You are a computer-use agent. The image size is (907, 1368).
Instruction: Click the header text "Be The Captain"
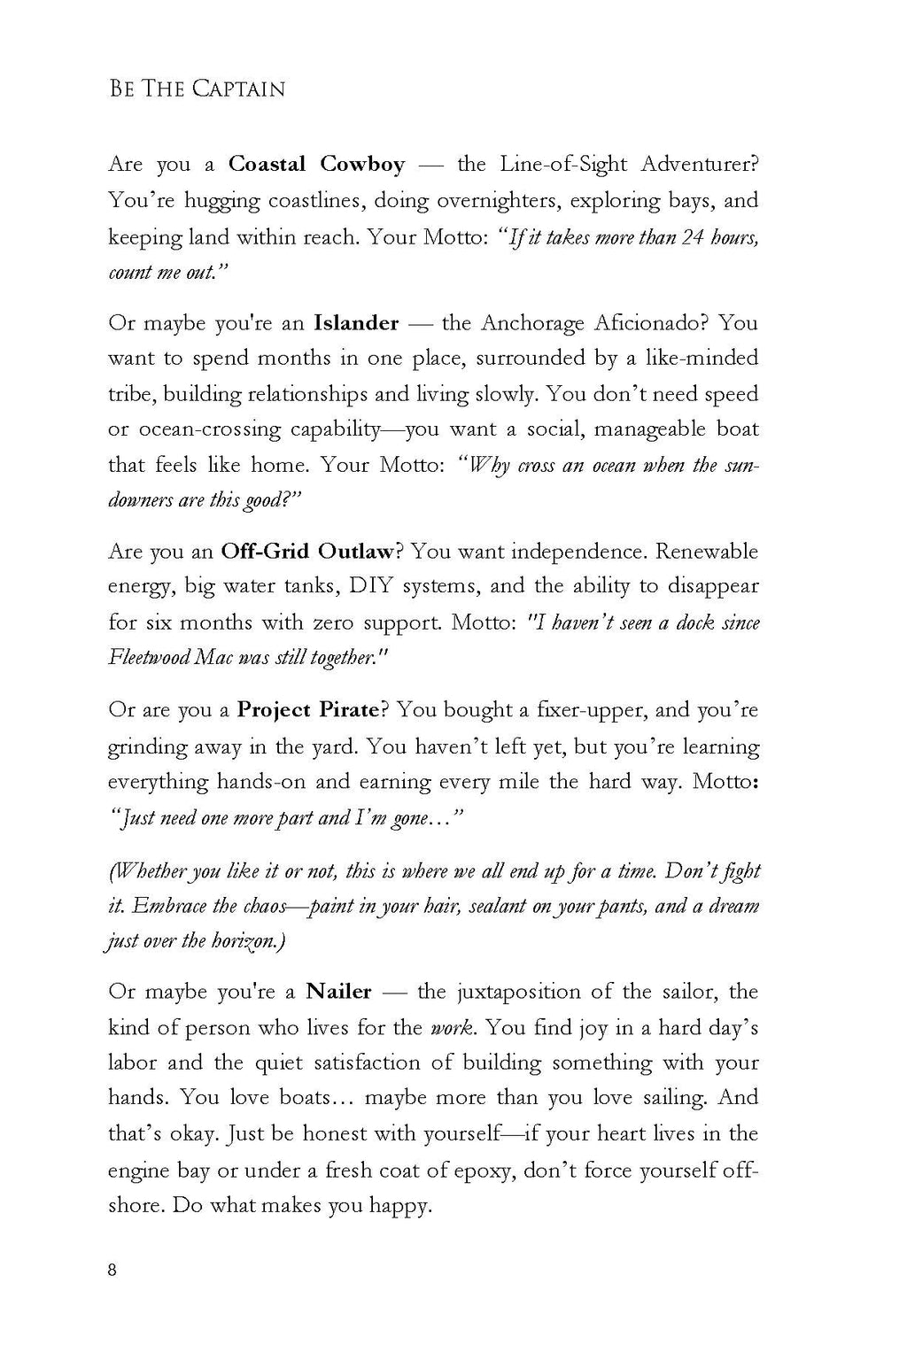[x=197, y=89]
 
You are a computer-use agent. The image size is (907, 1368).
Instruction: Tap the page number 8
[x=112, y=1270]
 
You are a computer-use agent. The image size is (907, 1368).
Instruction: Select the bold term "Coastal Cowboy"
[x=316, y=164]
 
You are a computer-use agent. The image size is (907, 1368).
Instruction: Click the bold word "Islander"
[x=356, y=322]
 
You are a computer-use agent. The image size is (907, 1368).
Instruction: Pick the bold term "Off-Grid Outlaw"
[x=307, y=552]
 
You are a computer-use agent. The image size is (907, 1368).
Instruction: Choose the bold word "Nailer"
[x=338, y=992]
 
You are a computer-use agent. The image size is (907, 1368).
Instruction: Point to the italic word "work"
[x=450, y=1028]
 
